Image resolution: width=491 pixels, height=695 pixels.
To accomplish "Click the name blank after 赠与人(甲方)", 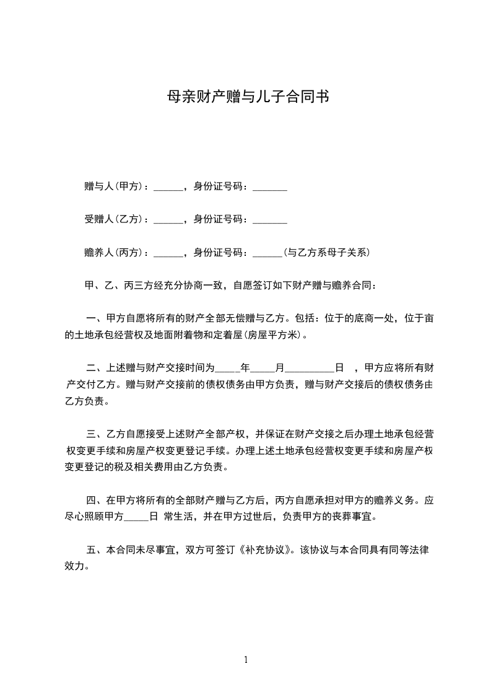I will point(168,188).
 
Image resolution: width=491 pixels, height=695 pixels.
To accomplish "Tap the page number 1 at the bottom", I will point(246,660).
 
